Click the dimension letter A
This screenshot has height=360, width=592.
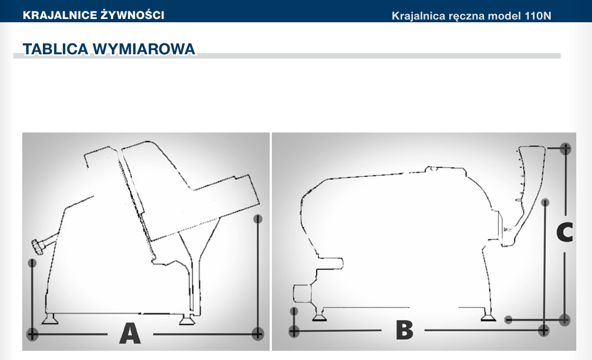[x=130, y=333]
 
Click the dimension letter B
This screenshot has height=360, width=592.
[x=404, y=330]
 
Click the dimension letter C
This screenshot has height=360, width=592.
[x=565, y=232]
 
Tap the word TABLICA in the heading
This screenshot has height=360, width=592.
[x=55, y=49]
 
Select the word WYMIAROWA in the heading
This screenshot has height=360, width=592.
[x=144, y=49]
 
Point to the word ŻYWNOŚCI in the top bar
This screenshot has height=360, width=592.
[x=132, y=15]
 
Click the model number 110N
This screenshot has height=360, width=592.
[x=538, y=16]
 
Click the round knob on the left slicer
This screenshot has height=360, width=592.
[x=38, y=247]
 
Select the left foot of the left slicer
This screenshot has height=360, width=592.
[x=49, y=319]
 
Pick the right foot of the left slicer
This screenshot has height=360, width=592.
[x=187, y=320]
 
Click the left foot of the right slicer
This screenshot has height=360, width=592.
[x=320, y=316]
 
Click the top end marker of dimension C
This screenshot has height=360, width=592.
[x=565, y=148]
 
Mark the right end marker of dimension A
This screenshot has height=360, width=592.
[x=258, y=334]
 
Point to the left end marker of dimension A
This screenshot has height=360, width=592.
[x=33, y=334]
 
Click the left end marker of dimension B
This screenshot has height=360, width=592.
[x=294, y=331]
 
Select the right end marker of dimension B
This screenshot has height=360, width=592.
[x=543, y=331]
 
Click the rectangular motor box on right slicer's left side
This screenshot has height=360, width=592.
[x=302, y=294]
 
